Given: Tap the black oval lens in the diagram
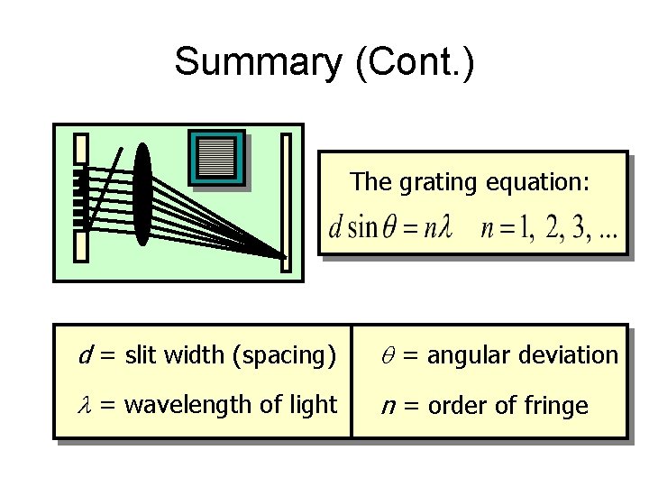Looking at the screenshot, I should (x=142, y=194).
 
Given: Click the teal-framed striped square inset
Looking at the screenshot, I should (x=215, y=159).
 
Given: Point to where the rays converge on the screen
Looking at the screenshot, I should (x=282, y=256).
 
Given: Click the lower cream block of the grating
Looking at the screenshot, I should (x=81, y=245).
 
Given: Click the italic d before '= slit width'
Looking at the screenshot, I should (x=85, y=355).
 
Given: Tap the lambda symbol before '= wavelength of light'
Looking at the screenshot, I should (x=86, y=406).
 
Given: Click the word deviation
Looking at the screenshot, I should (x=574, y=355).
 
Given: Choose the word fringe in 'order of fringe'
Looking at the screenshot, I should (x=559, y=406).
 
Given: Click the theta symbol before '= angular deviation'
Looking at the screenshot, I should (x=388, y=356).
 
